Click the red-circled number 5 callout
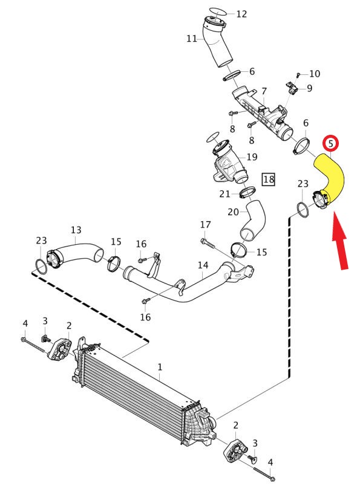click(x=330, y=143)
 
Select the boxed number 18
click(x=269, y=179)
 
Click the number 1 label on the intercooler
click(x=160, y=368)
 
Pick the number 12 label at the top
click(x=241, y=14)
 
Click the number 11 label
click(x=191, y=39)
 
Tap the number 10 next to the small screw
click(x=315, y=74)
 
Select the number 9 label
click(x=309, y=88)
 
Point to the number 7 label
click(x=264, y=91)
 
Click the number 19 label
click(x=252, y=157)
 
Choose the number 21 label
click(x=224, y=194)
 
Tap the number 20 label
click(x=233, y=212)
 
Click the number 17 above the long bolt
click(x=206, y=225)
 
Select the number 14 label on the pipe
click(x=203, y=265)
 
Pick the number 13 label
click(x=76, y=230)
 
